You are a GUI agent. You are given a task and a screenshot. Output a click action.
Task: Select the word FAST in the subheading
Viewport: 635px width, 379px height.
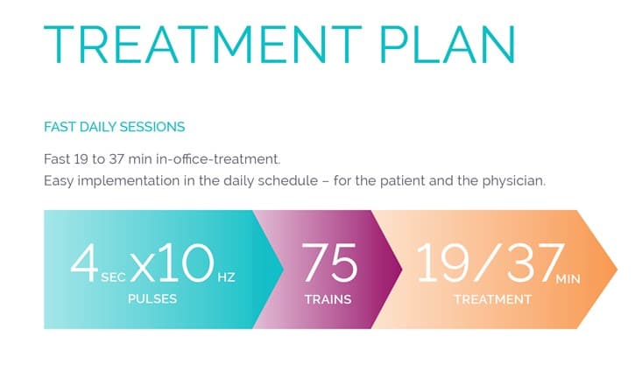coord(59,127)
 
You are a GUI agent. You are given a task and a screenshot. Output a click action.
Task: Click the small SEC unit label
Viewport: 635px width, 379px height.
coord(112,277)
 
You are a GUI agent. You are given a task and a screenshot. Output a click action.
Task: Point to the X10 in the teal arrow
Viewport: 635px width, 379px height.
coord(172,263)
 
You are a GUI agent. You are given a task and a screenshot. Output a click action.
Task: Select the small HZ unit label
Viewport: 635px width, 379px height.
coord(226,277)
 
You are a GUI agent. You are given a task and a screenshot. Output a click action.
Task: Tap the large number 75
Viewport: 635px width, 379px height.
coord(328,263)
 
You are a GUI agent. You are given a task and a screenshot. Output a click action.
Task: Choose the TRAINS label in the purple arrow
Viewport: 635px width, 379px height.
coord(328,299)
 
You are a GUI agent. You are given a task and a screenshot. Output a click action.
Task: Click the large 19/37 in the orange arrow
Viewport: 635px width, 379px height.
coord(484,263)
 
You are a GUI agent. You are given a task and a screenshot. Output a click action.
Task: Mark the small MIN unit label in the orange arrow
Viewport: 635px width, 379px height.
coord(568,278)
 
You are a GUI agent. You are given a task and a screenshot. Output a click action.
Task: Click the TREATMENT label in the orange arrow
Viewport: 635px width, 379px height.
coord(492,299)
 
